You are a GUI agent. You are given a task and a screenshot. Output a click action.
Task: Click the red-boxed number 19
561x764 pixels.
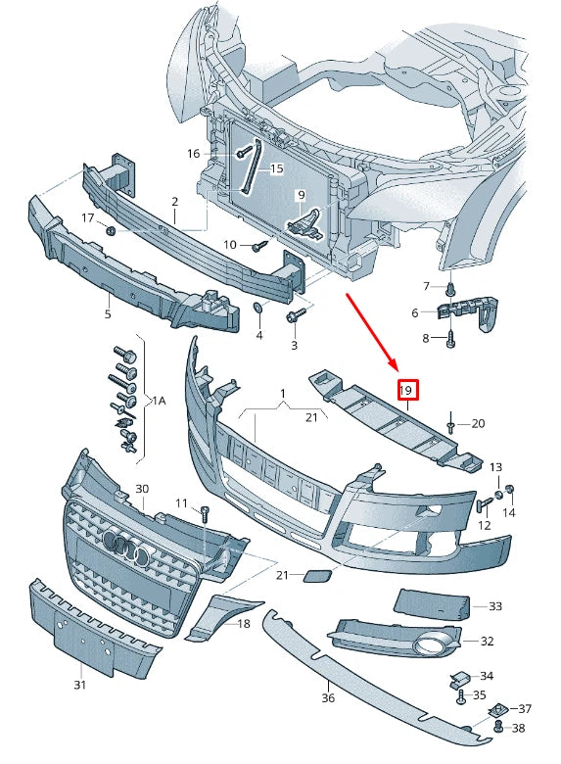point(407,391)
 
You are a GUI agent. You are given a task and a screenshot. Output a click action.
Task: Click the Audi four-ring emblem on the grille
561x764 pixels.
point(124,549)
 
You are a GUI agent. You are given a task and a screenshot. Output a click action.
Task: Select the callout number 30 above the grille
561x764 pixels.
point(142,489)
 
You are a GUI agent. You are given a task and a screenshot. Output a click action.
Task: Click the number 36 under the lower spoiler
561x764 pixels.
point(328,698)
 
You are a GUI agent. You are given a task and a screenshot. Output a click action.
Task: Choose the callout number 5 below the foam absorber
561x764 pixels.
point(108,314)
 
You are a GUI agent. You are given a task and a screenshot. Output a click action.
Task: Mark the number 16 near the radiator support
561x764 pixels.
point(193,153)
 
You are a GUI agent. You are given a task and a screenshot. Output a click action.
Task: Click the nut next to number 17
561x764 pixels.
point(111,230)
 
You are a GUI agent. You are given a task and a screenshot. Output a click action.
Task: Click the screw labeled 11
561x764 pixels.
point(206,512)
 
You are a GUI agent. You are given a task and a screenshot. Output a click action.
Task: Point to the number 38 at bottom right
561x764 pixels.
point(519,728)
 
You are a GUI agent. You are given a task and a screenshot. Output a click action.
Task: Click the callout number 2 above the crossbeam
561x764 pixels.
point(174,203)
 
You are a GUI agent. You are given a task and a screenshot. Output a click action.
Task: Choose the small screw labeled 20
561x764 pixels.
point(451,424)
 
